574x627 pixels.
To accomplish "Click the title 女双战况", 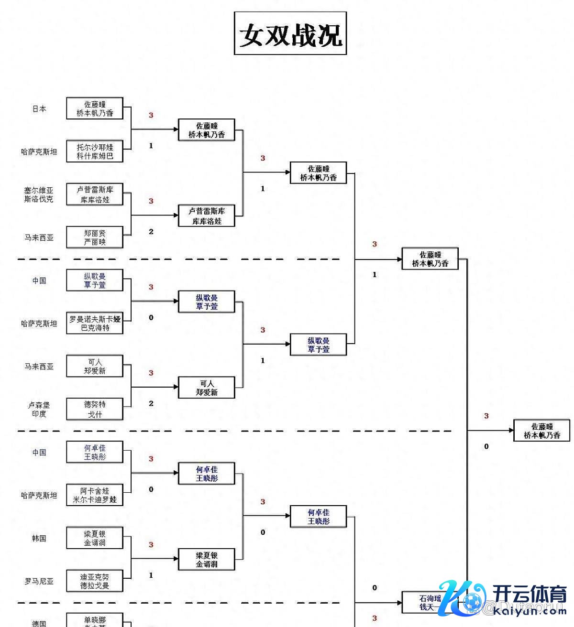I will click(290, 34).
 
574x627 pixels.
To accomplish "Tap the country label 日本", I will click(39, 109).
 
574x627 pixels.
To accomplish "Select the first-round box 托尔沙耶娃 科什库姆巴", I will click(95, 151).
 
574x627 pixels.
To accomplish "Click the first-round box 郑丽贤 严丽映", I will click(95, 238).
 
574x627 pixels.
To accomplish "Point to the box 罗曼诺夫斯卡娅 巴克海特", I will click(95, 324).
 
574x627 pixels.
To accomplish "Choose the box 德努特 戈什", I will click(95, 410).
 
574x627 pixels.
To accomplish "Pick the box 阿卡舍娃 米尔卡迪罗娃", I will click(95, 496).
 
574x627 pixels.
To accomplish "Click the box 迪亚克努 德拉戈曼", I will click(95, 581).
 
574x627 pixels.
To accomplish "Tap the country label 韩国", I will click(39, 539).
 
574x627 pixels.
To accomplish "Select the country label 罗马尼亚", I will click(39, 582).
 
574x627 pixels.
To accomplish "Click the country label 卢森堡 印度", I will click(39, 410).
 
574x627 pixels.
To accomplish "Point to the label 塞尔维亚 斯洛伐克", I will click(39, 195).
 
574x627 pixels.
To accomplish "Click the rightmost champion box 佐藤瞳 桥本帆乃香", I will click(541, 431).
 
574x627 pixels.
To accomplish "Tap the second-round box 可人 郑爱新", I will click(207, 388).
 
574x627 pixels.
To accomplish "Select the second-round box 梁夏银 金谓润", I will click(207, 560).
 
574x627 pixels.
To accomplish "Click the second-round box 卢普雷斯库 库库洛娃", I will click(207, 216).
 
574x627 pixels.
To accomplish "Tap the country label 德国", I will click(39, 623).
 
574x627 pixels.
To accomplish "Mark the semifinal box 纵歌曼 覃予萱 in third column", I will click(319, 345).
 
